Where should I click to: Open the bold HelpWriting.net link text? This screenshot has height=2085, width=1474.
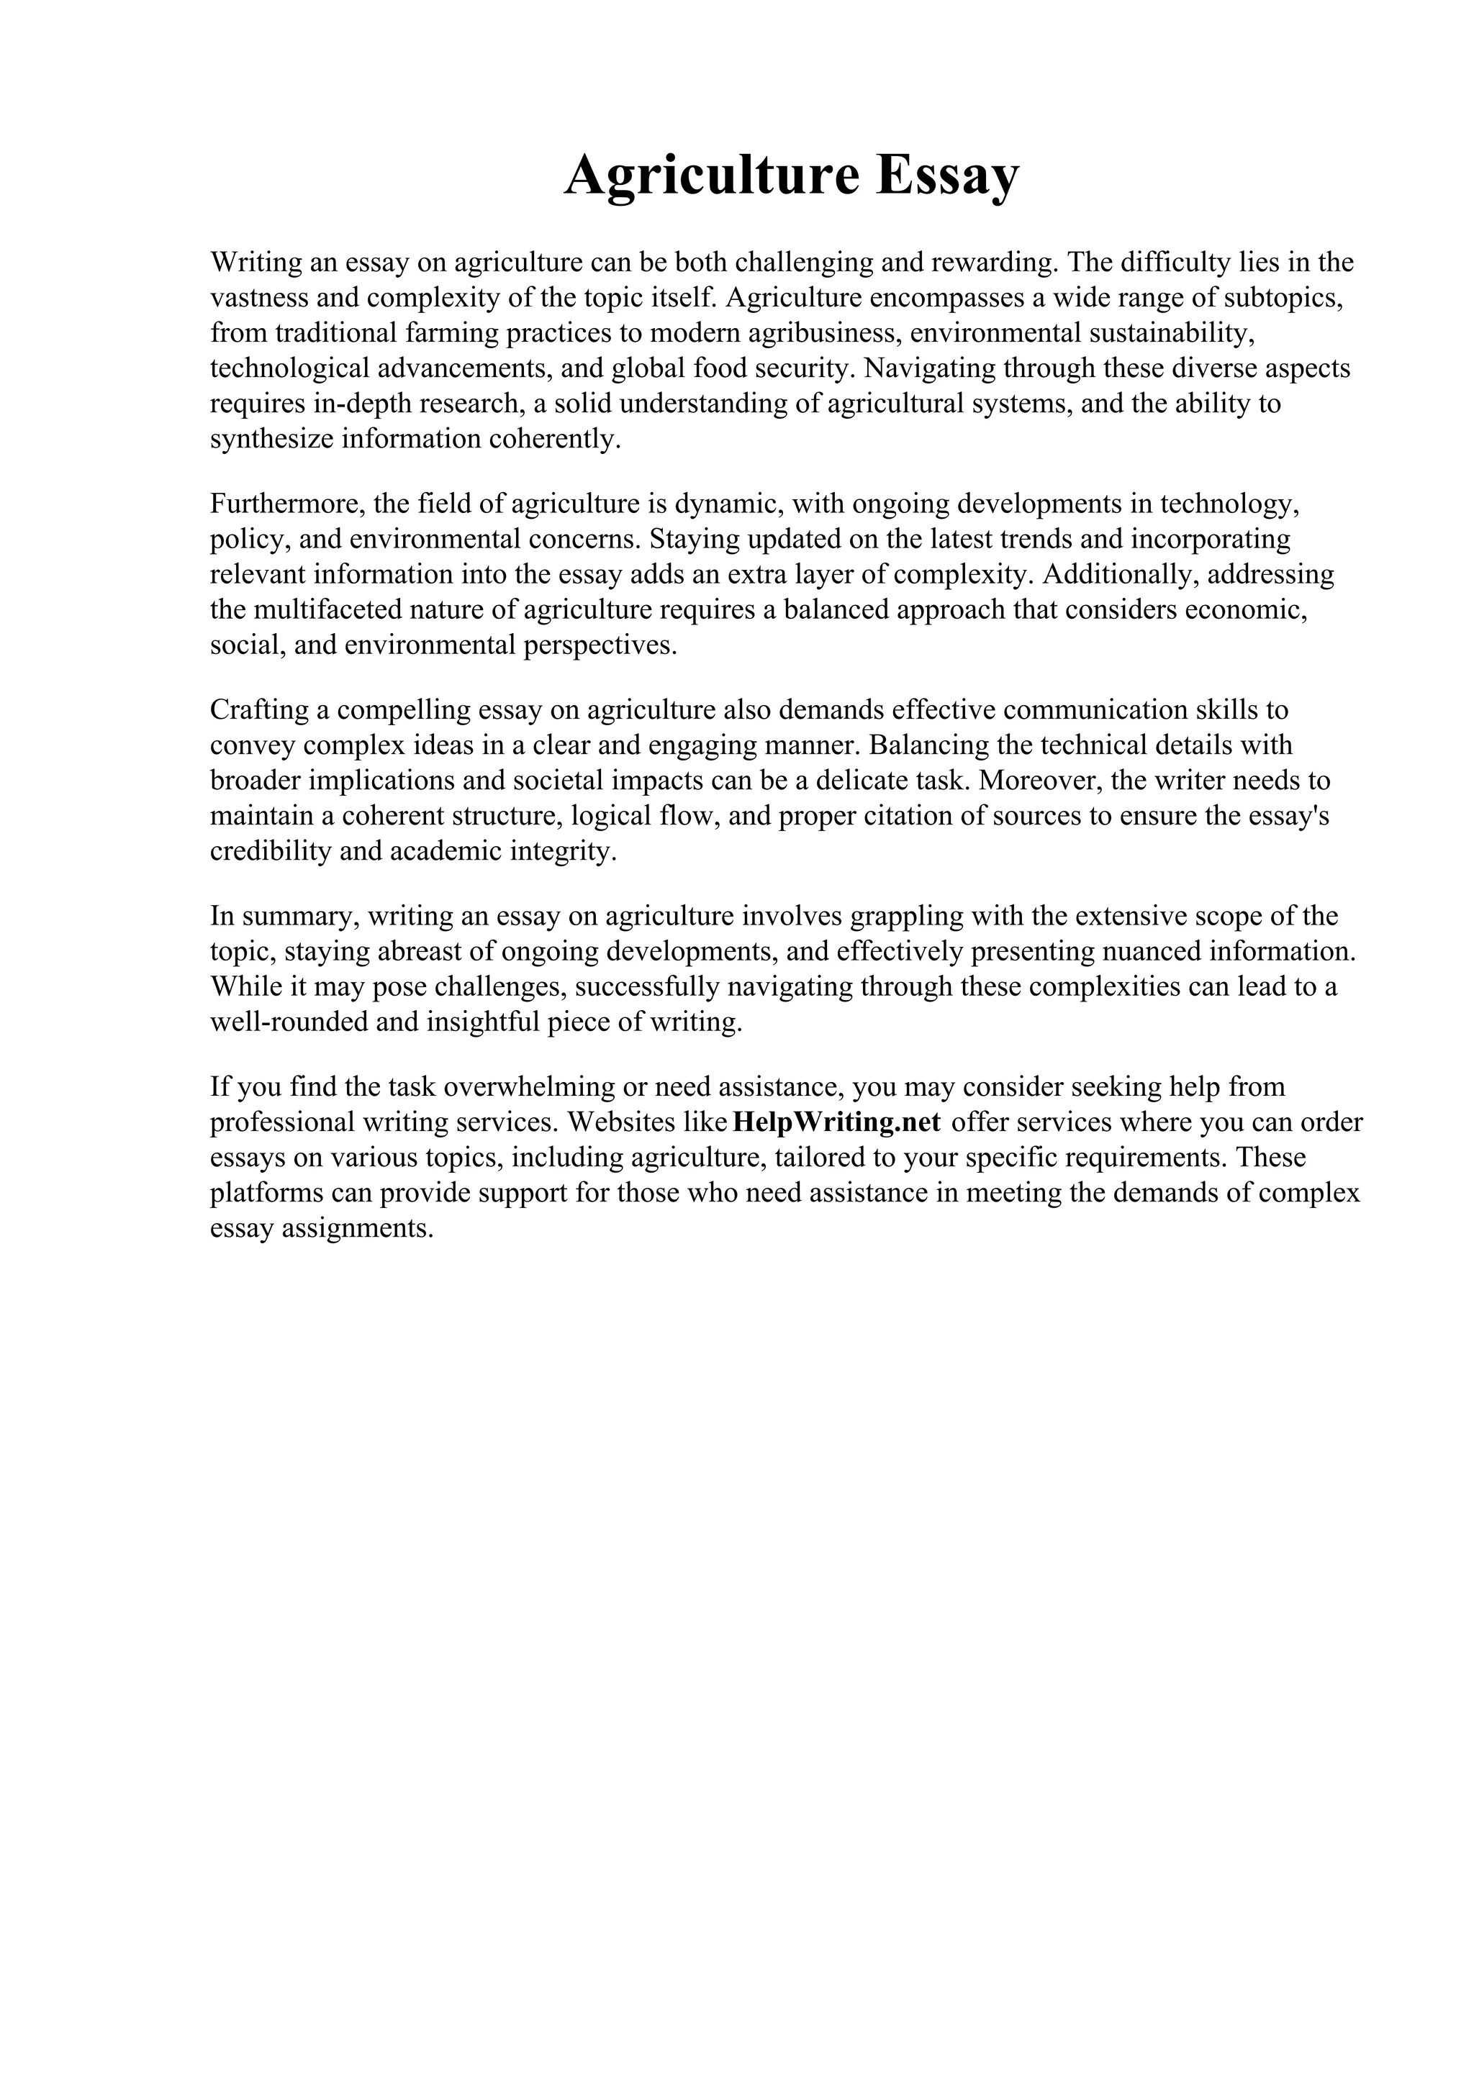click(836, 1123)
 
